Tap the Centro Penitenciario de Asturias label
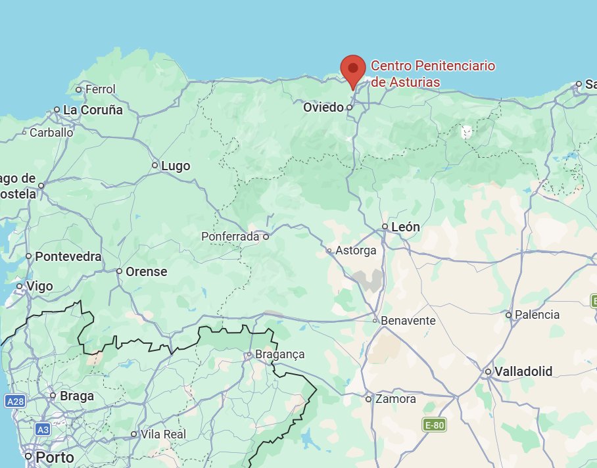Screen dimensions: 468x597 (x=432, y=74)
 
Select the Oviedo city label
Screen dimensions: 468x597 (x=323, y=107)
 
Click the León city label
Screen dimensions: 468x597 (x=405, y=227)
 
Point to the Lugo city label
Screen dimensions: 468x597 (x=176, y=166)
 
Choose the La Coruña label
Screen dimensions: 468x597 (x=93, y=110)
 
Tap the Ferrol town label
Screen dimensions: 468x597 (x=100, y=89)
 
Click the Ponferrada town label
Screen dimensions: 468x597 (x=230, y=237)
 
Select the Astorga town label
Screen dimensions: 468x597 (x=356, y=250)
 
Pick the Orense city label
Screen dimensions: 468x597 (x=146, y=271)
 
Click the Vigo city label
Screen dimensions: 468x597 (x=39, y=287)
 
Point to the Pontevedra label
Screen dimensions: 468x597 (x=68, y=256)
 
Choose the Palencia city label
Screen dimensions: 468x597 (x=537, y=315)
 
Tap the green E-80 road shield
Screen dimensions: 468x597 (x=435, y=425)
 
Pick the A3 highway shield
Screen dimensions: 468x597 (x=42, y=429)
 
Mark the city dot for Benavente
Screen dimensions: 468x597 (x=375, y=321)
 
